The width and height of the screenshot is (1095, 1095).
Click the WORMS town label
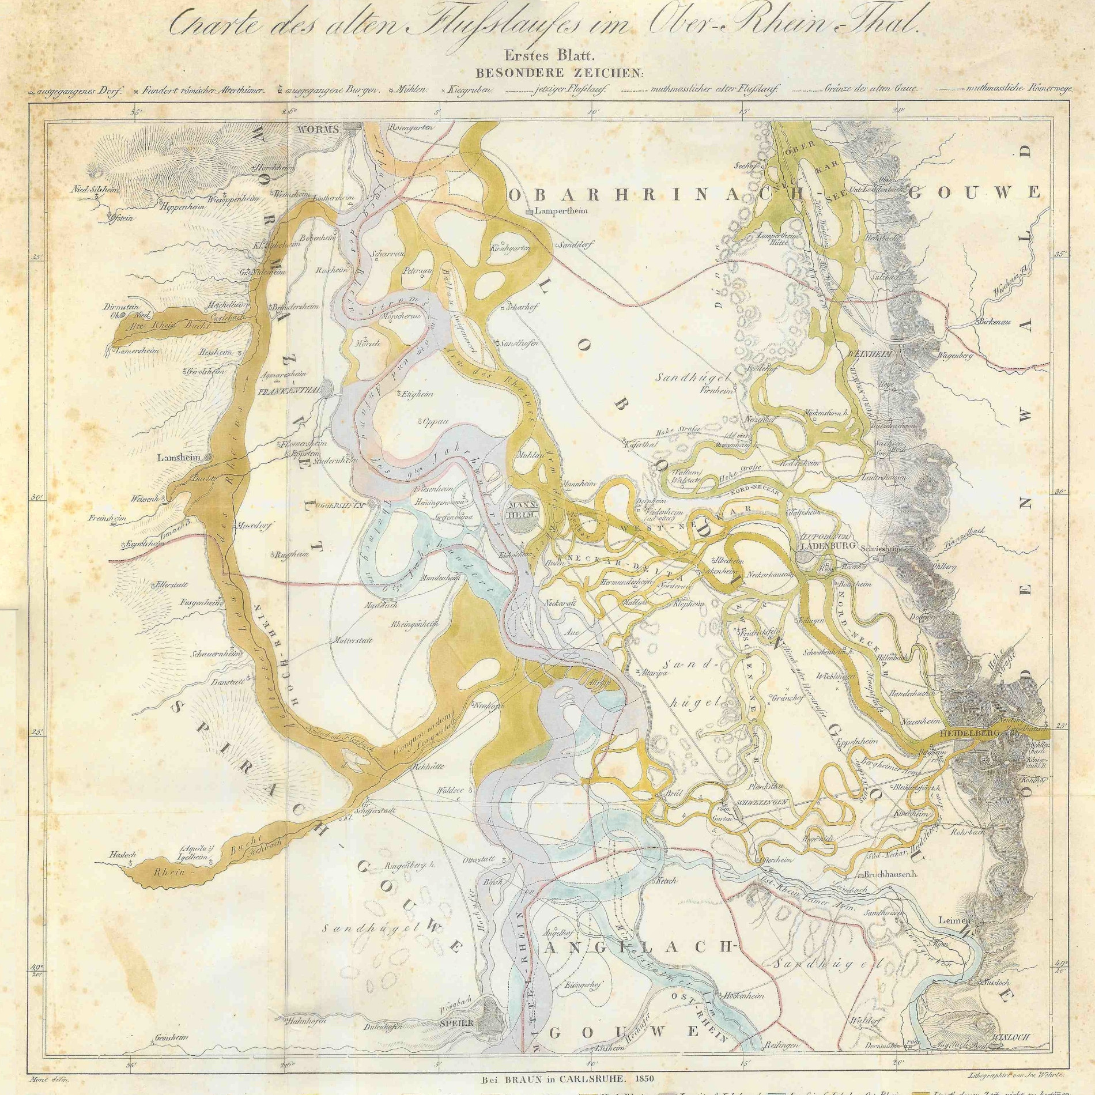pos(318,130)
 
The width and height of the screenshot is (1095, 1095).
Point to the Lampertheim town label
pos(561,211)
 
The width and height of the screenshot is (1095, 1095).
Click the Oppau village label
pos(435,421)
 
